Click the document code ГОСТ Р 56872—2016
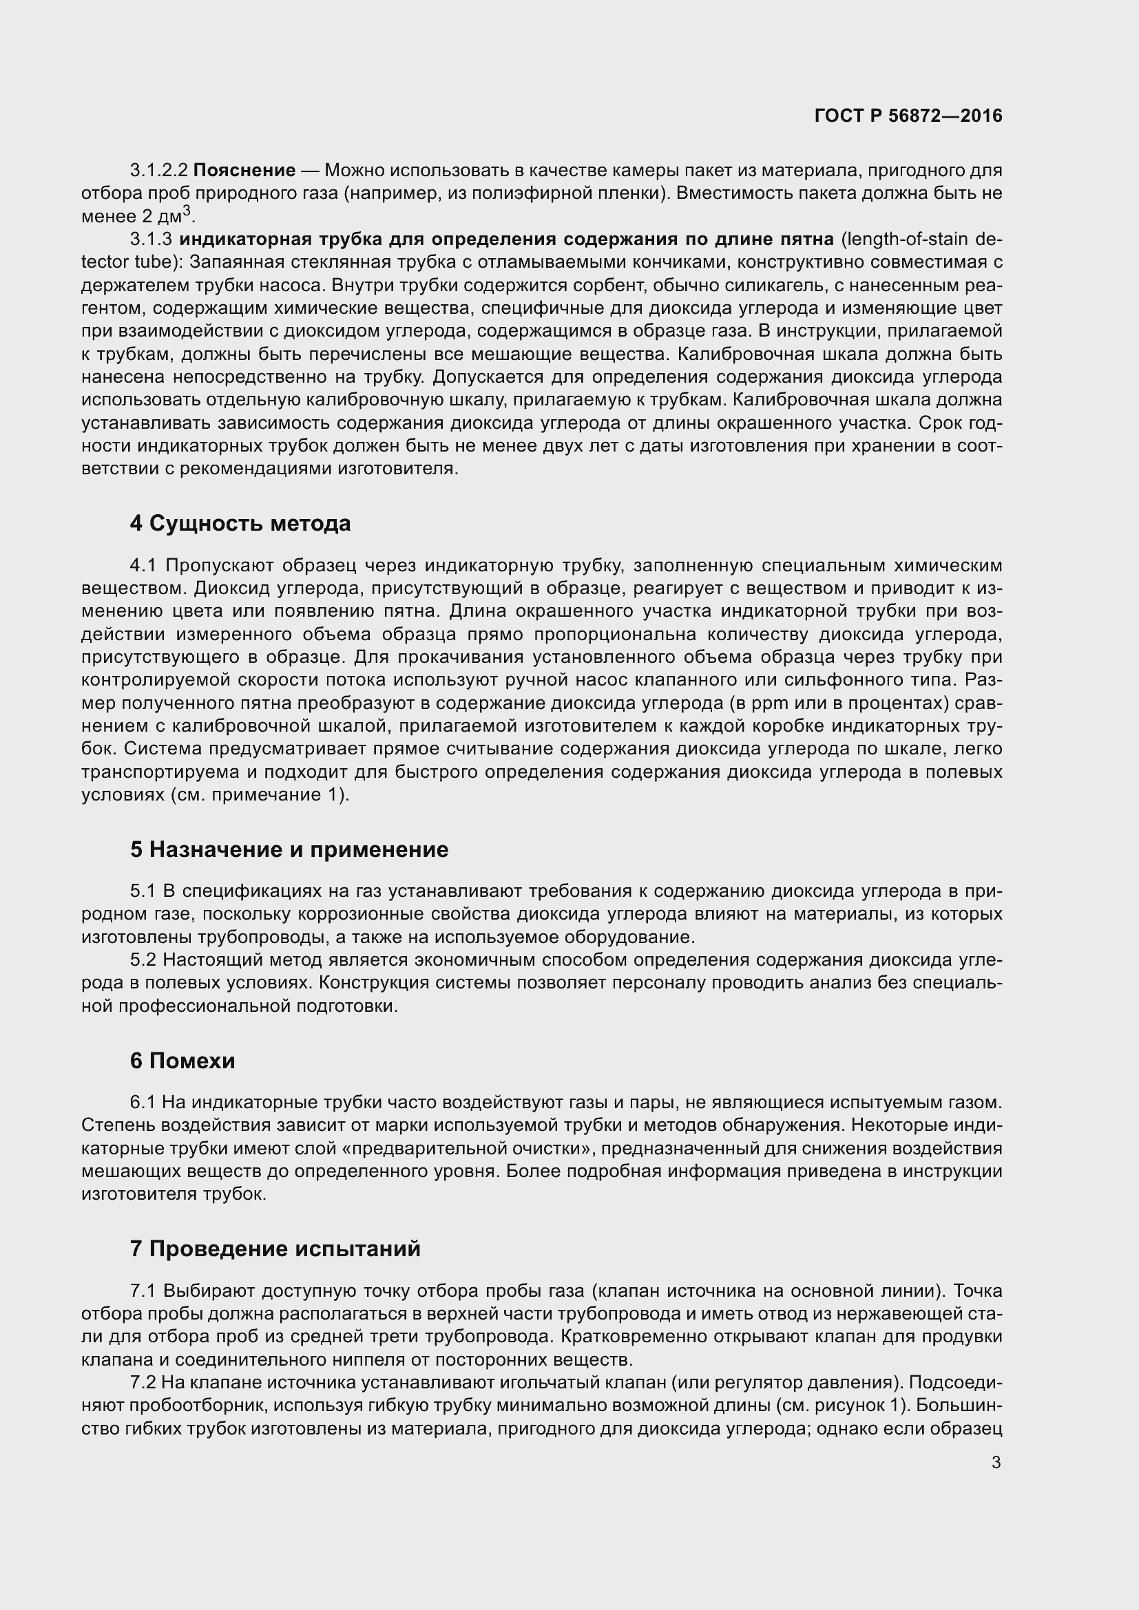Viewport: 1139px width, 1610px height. [x=908, y=116]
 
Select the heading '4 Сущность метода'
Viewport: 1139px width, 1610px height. [x=240, y=524]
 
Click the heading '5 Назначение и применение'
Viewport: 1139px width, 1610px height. [x=289, y=850]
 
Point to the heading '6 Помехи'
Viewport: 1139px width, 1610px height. [x=182, y=1061]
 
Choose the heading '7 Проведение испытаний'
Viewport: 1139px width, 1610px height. [x=275, y=1249]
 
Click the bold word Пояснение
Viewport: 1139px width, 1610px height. [x=244, y=171]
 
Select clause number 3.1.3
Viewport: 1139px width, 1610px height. [x=151, y=240]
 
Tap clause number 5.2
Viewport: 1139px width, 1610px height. [x=145, y=961]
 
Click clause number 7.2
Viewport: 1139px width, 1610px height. [x=144, y=1383]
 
